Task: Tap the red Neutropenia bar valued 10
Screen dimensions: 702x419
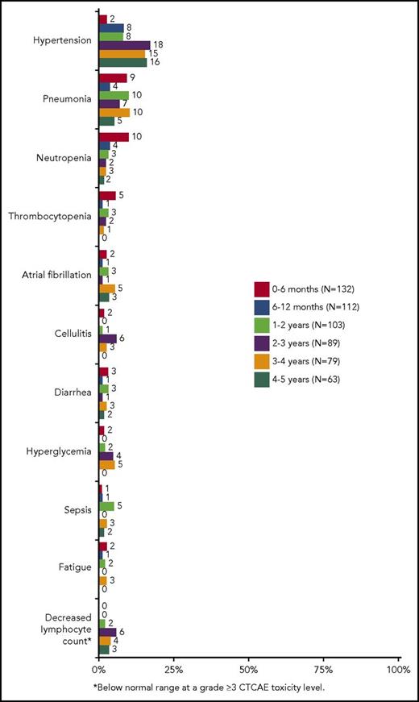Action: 113,137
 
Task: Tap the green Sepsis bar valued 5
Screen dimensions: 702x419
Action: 106,506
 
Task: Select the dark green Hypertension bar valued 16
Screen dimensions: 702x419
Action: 122,63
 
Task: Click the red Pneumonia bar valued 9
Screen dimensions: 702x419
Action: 112,78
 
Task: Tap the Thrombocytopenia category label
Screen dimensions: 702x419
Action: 53,216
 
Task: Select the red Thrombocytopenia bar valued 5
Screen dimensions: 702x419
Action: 106,196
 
